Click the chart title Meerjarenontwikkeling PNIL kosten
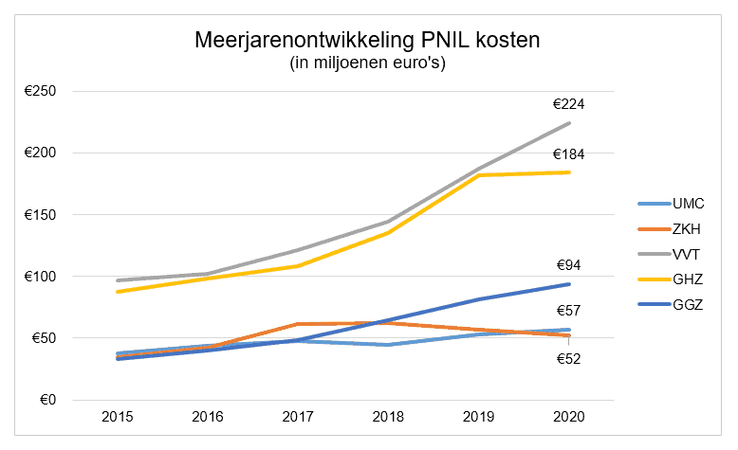pyautogui.click(x=368, y=41)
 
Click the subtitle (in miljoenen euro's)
pyautogui.click(x=368, y=63)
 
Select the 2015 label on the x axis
pyautogui.click(x=118, y=418)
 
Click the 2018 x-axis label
pyautogui.click(x=389, y=418)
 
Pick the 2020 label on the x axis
pyautogui.click(x=569, y=418)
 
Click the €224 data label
pyautogui.click(x=569, y=104)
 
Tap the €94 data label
pyautogui.click(x=569, y=266)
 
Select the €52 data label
pyautogui.click(x=569, y=358)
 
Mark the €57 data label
pyautogui.click(x=569, y=311)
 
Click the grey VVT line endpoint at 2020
pyautogui.click(x=569, y=123)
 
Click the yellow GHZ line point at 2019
pyautogui.click(x=479, y=175)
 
